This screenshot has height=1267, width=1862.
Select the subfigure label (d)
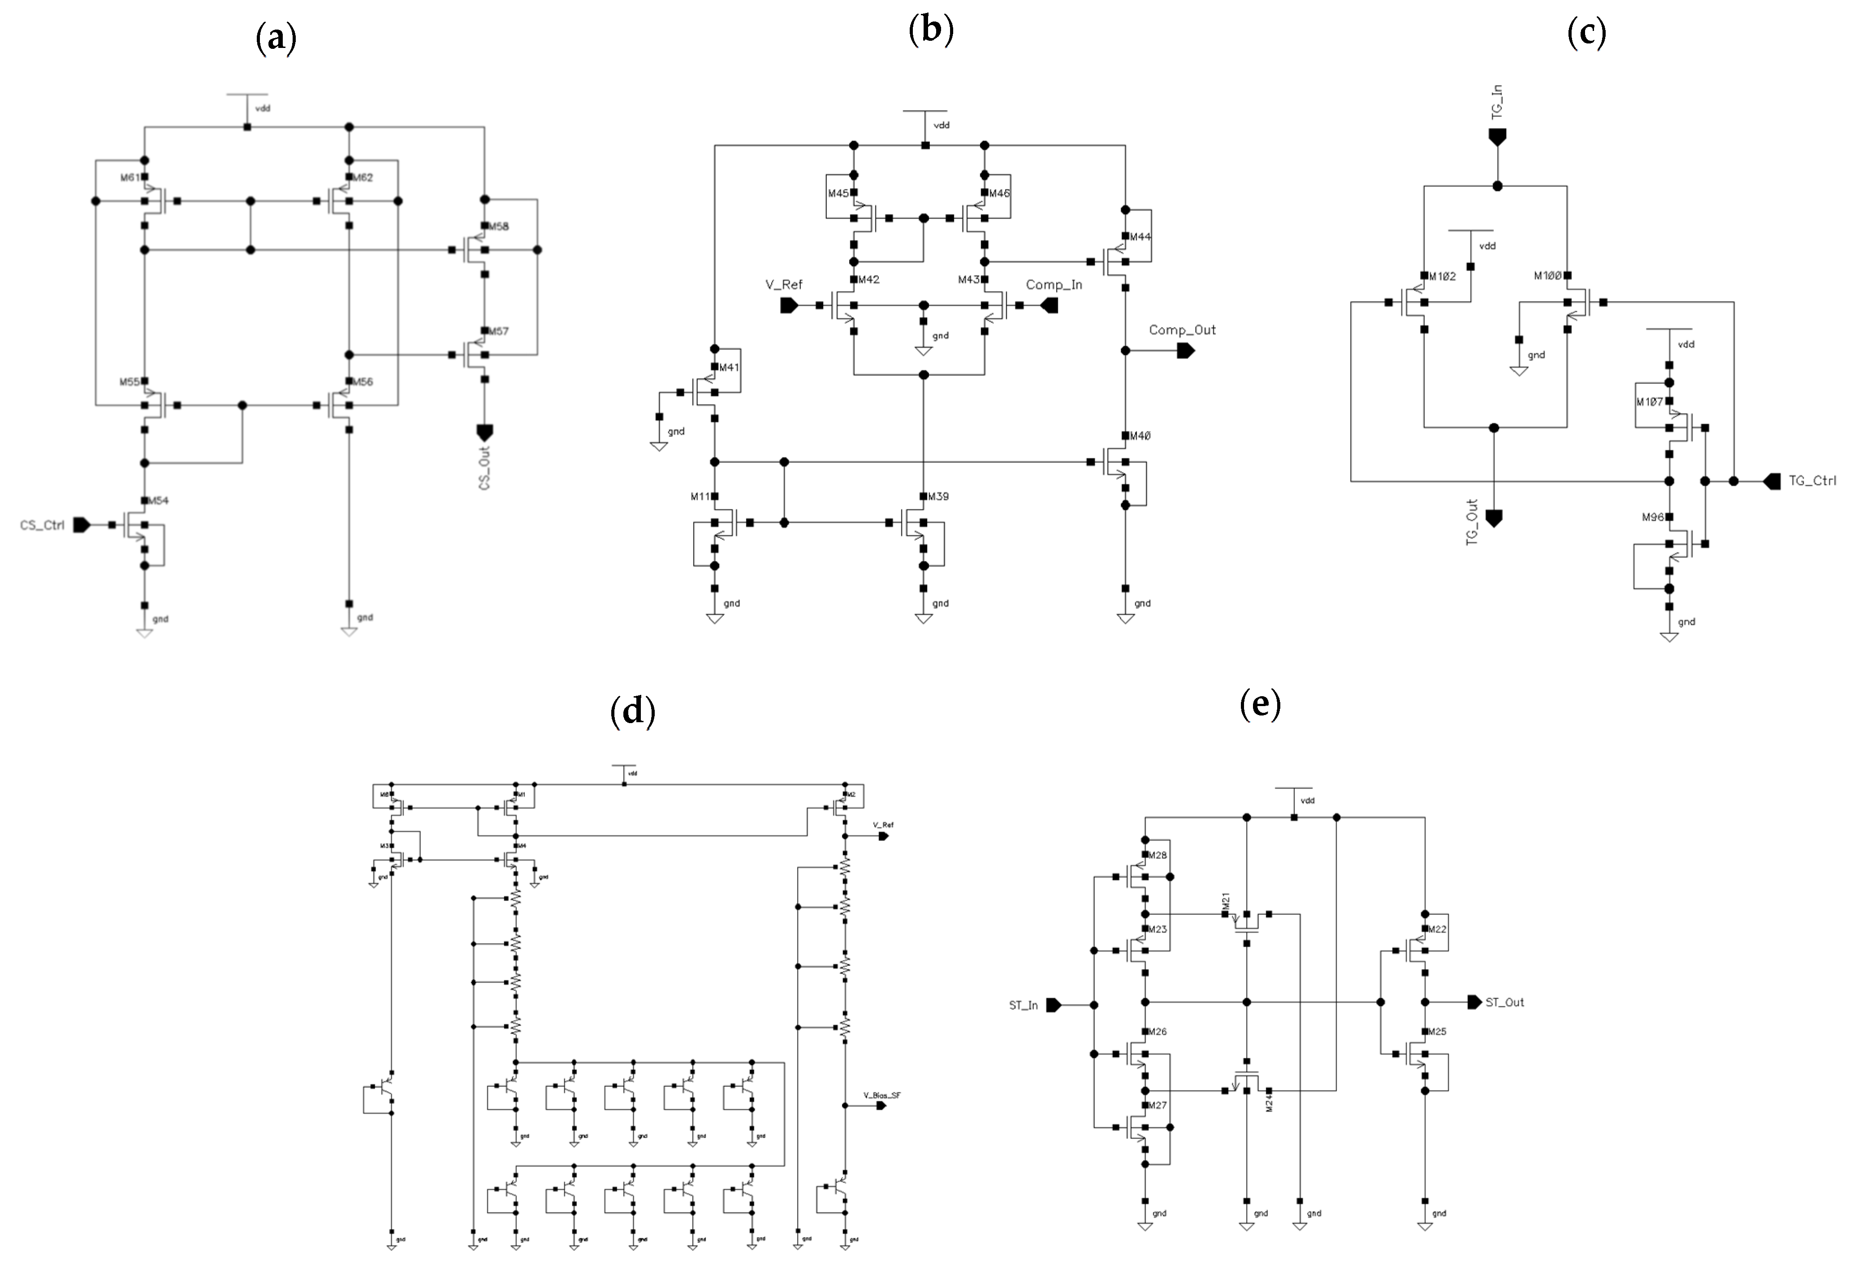632,711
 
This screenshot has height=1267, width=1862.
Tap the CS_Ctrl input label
42,526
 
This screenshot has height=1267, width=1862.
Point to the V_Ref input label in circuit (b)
784,284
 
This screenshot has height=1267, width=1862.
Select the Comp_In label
1054,284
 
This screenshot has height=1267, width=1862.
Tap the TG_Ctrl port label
1812,481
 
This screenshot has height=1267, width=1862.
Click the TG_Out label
1472,523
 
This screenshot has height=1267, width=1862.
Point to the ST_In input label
1023,1005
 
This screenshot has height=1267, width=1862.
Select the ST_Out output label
1505,1002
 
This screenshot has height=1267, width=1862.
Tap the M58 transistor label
498,226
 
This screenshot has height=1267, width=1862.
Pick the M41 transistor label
729,367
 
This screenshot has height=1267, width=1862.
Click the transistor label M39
938,496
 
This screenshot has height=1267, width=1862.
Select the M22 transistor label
1437,929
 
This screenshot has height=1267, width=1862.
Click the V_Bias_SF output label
881,1095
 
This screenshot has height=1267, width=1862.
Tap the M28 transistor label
1158,855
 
